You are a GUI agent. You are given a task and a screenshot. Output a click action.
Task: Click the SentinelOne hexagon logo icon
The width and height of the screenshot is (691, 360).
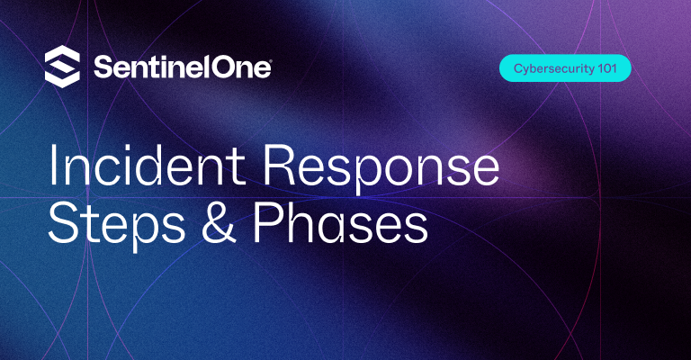(62, 67)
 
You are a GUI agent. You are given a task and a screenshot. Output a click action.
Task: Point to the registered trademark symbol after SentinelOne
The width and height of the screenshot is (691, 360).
(269, 60)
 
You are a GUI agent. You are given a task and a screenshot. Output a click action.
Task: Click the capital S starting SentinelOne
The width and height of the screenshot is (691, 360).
(101, 67)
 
